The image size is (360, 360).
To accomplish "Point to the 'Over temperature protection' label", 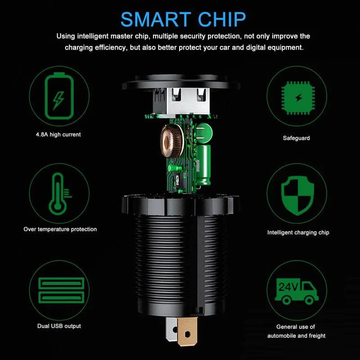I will click(x=60, y=229).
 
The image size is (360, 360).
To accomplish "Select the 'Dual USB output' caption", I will click(x=59, y=326).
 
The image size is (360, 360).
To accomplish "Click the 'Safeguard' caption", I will click(x=297, y=138).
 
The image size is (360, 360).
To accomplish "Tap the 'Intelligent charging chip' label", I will click(x=298, y=233).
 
